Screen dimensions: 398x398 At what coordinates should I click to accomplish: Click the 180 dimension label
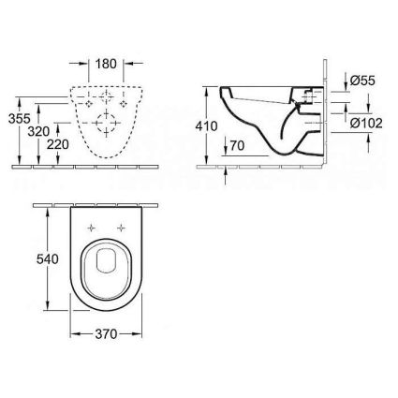pos(106,64)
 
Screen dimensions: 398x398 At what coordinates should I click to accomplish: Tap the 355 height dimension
pos(19,119)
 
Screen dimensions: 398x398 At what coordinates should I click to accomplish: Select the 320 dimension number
pos(38,132)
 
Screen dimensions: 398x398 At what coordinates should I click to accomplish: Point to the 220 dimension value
pos(58,144)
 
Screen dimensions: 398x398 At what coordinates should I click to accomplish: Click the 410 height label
pos(206,126)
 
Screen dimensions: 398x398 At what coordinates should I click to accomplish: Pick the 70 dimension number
pos(237,145)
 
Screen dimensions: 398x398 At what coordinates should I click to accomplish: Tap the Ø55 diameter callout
pos(362,81)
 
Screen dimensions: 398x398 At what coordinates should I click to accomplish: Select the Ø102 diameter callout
pos(366,124)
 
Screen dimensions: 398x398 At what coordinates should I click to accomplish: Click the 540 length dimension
pos(48,259)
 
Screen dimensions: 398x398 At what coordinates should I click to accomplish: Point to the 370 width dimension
pos(106,334)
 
